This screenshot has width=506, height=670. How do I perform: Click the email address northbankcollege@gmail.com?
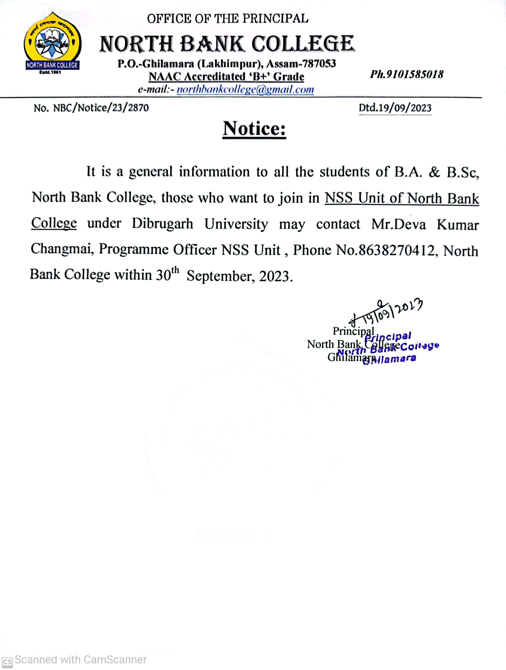[245, 90]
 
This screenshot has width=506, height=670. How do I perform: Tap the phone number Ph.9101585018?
[407, 74]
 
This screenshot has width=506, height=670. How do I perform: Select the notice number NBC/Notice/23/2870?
[101, 108]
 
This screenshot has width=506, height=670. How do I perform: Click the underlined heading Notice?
[254, 129]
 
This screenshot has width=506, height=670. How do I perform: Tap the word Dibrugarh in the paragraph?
[162, 224]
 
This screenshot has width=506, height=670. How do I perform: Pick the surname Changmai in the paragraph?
[61, 249]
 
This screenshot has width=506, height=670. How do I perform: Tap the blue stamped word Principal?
[388, 336]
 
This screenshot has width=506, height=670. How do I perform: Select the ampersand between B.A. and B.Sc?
[434, 172]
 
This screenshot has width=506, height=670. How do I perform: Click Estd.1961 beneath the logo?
[50, 72]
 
